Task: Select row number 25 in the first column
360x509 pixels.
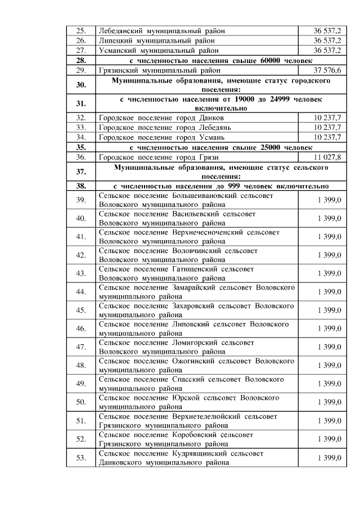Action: click(x=80, y=30)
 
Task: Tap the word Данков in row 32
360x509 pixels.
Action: click(x=211, y=118)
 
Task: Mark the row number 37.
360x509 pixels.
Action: click(x=80, y=172)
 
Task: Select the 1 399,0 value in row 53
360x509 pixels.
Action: click(x=328, y=458)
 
